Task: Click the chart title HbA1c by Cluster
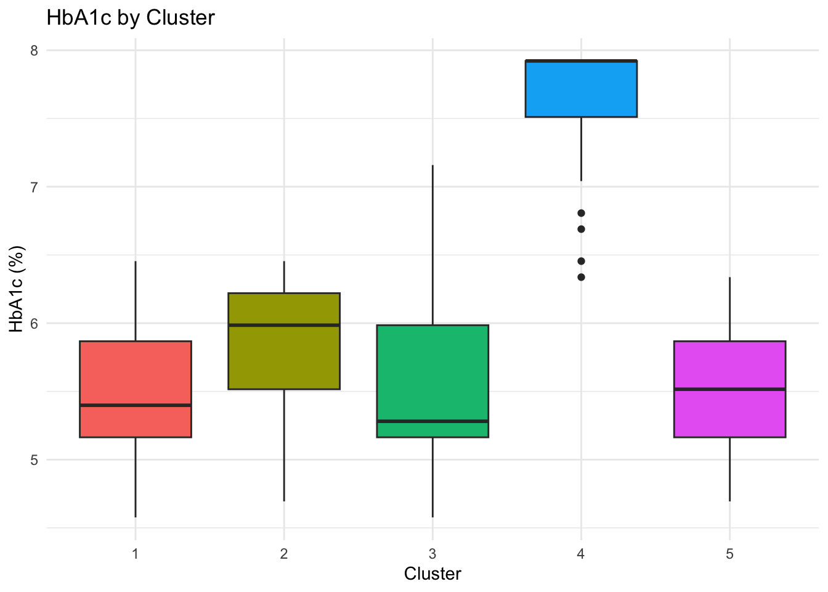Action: (131, 18)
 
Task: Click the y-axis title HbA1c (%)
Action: (17, 289)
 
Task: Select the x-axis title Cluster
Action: (432, 574)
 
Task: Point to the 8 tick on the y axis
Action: (34, 51)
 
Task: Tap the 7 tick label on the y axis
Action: (34, 187)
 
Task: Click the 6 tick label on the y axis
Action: (34, 323)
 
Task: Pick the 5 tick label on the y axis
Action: (34, 459)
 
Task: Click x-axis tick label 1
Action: (135, 554)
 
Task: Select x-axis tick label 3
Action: (432, 554)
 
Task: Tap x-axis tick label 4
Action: (581, 554)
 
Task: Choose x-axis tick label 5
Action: (729, 554)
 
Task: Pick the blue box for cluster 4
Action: (581, 89)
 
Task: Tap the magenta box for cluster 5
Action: (729, 364)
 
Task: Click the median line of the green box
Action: (432, 421)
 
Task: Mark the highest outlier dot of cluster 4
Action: (581, 213)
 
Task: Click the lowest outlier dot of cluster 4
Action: (581, 277)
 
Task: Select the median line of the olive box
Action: (284, 325)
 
